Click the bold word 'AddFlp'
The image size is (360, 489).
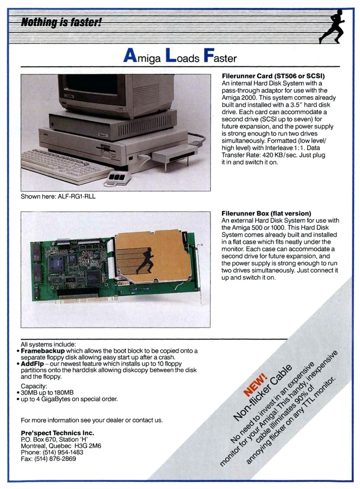[x=36, y=365]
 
